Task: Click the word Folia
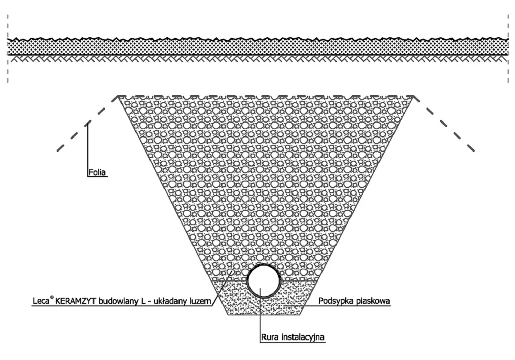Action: pos(97,172)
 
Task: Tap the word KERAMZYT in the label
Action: pos(76,301)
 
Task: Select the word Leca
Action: pos(41,301)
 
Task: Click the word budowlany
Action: pos(118,301)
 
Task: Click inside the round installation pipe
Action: pos(264,281)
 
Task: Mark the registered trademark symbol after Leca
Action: pos(52,298)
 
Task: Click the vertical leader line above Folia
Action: pos(88,149)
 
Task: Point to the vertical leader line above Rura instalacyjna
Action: pos(260,315)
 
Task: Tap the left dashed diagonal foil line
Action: pos(88,124)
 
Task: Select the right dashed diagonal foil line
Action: pos(444,124)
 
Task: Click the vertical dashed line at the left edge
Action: pos(8,48)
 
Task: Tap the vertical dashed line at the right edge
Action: pos(508,48)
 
